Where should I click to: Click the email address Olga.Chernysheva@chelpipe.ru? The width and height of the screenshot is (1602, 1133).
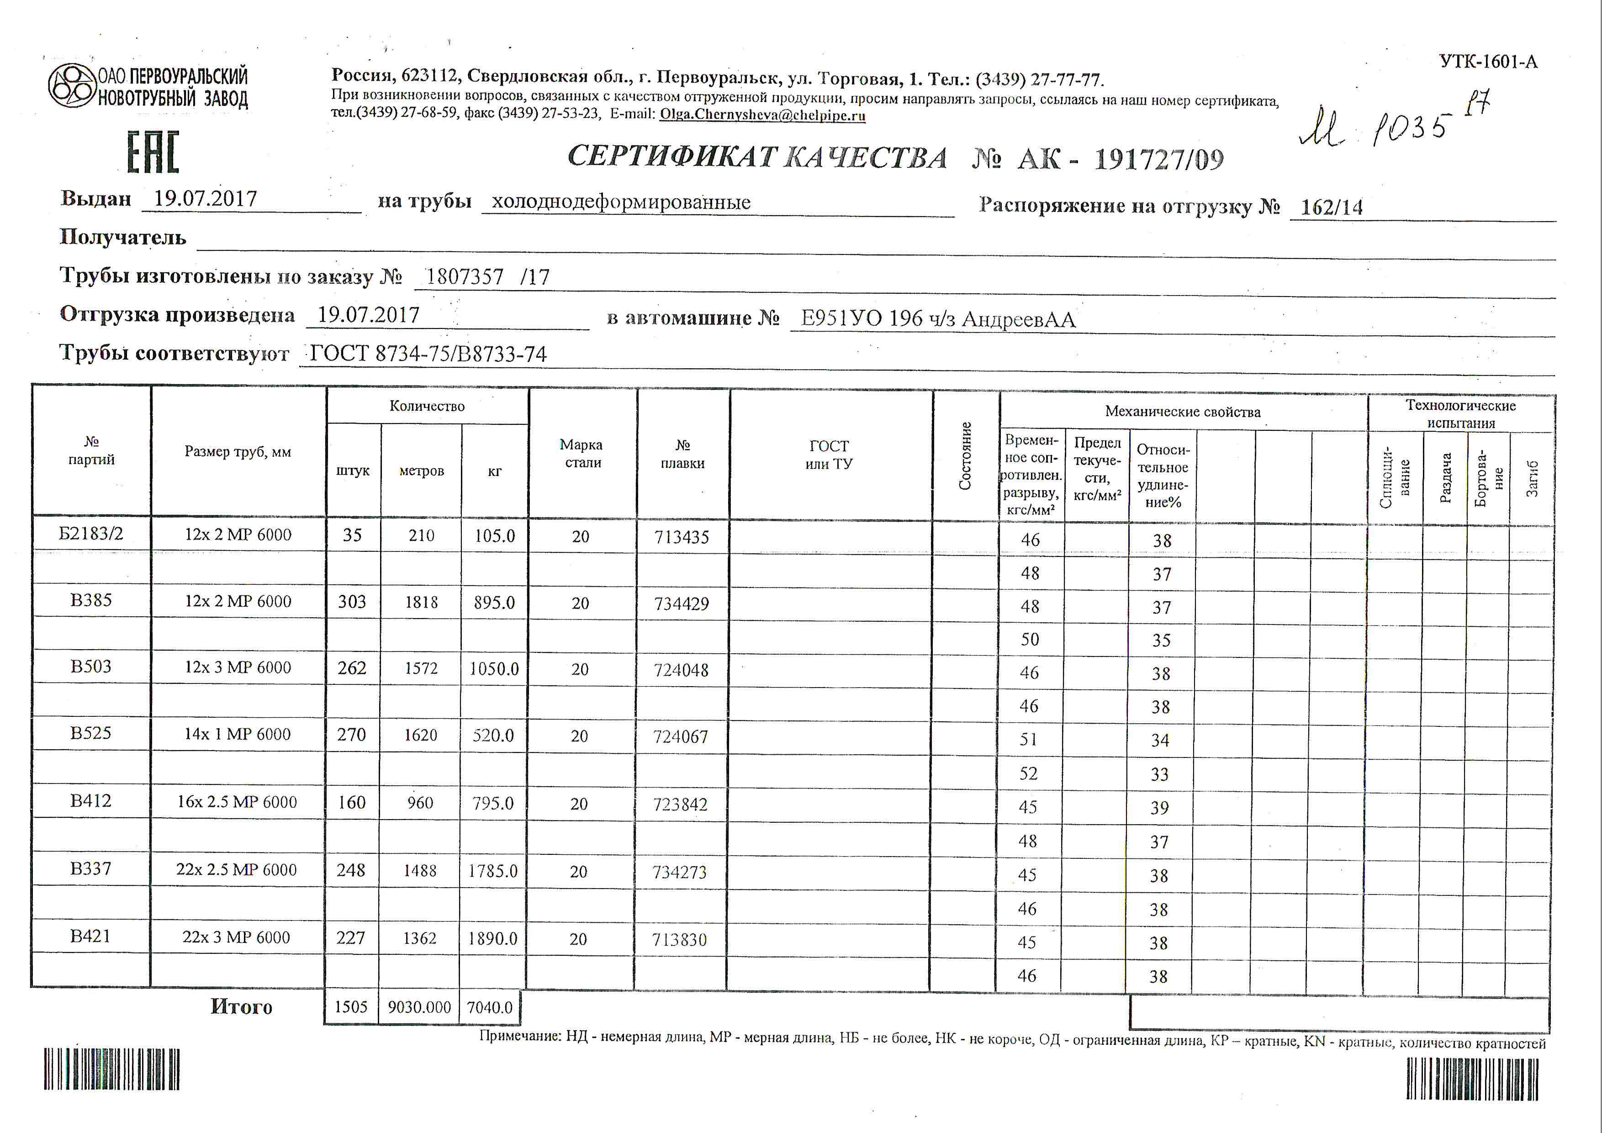pyautogui.click(x=762, y=115)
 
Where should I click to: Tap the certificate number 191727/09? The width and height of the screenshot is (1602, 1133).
pyautogui.click(x=1158, y=160)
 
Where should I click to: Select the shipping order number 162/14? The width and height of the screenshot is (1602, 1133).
pyautogui.click(x=1331, y=207)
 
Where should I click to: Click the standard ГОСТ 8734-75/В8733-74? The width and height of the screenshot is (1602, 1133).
pyautogui.click(x=428, y=354)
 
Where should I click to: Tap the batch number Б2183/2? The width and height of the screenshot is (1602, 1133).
pyautogui.click(x=91, y=534)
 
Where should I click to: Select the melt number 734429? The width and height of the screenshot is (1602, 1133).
pyautogui.click(x=681, y=604)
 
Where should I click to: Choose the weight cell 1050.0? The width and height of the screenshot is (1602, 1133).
pyautogui.click(x=493, y=668)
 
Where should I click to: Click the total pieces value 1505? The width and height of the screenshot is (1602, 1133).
pyautogui.click(x=350, y=1007)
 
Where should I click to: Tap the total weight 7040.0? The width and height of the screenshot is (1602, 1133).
pyautogui.click(x=489, y=1007)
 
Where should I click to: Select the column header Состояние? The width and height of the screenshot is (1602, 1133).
pyautogui.click(x=965, y=455)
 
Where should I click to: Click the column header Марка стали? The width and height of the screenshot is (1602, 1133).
pyautogui.click(x=581, y=454)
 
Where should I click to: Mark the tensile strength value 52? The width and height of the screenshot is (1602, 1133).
pyautogui.click(x=1028, y=773)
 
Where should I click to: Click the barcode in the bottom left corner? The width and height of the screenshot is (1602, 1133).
pyautogui.click(x=111, y=1069)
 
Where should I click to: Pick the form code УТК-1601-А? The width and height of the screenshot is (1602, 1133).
pyautogui.click(x=1488, y=62)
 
